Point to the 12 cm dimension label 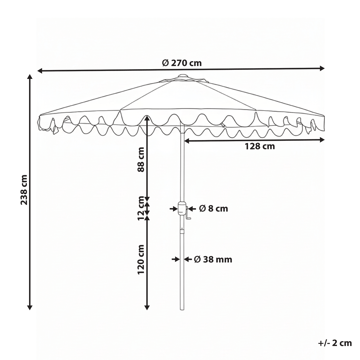142,210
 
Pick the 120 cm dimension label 142,262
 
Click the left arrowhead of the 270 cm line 39,72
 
